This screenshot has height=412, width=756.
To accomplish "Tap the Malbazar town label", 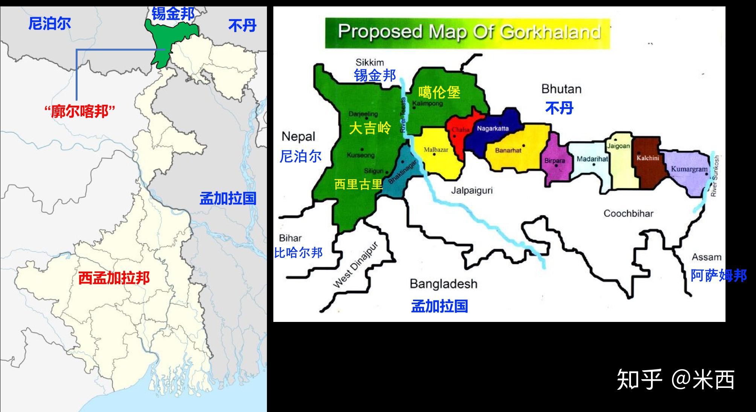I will pyautogui.click(x=436, y=150).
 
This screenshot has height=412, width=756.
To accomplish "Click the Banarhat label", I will pyautogui.click(x=508, y=150).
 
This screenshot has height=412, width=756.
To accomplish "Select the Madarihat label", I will pyautogui.click(x=592, y=159).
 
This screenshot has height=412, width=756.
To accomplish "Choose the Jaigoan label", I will pyautogui.click(x=618, y=146).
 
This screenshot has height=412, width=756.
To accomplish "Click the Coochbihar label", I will pyautogui.click(x=628, y=213).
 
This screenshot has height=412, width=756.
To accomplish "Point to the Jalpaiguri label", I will pyautogui.click(x=472, y=191).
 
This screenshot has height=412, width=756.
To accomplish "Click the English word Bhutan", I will pyautogui.click(x=561, y=89).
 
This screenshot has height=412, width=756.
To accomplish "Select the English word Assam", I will pyautogui.click(x=706, y=257).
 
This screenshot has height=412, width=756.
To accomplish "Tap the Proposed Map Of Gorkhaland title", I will pyautogui.click(x=469, y=32).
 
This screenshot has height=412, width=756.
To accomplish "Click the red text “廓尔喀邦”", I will pyautogui.click(x=79, y=112).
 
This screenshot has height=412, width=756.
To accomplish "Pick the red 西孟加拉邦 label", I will pyautogui.click(x=114, y=278).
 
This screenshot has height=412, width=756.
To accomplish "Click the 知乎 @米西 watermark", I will pyautogui.click(x=675, y=379).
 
